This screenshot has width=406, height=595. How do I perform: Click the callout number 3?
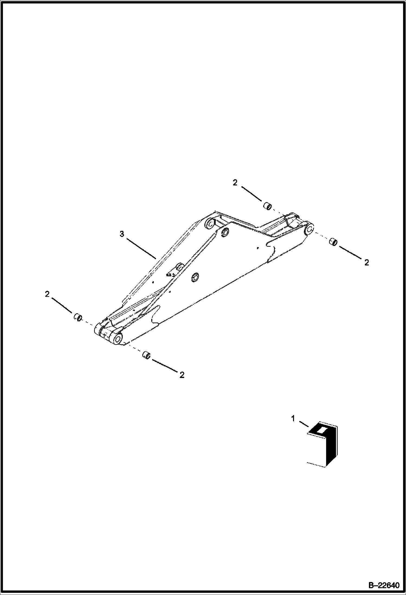click(122, 234)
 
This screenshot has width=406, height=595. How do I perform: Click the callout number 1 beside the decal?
click(293, 419)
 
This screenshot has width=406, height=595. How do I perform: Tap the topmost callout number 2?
click(235, 183)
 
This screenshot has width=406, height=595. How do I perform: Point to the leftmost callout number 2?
click(47, 294)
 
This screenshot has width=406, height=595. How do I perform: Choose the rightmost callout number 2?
click(366, 263)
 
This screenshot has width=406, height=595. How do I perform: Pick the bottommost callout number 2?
click(182, 375)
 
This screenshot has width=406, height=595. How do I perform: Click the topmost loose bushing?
click(267, 206)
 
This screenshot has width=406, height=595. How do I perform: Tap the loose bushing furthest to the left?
click(78, 317)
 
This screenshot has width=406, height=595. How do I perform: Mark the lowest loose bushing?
click(146, 355)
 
